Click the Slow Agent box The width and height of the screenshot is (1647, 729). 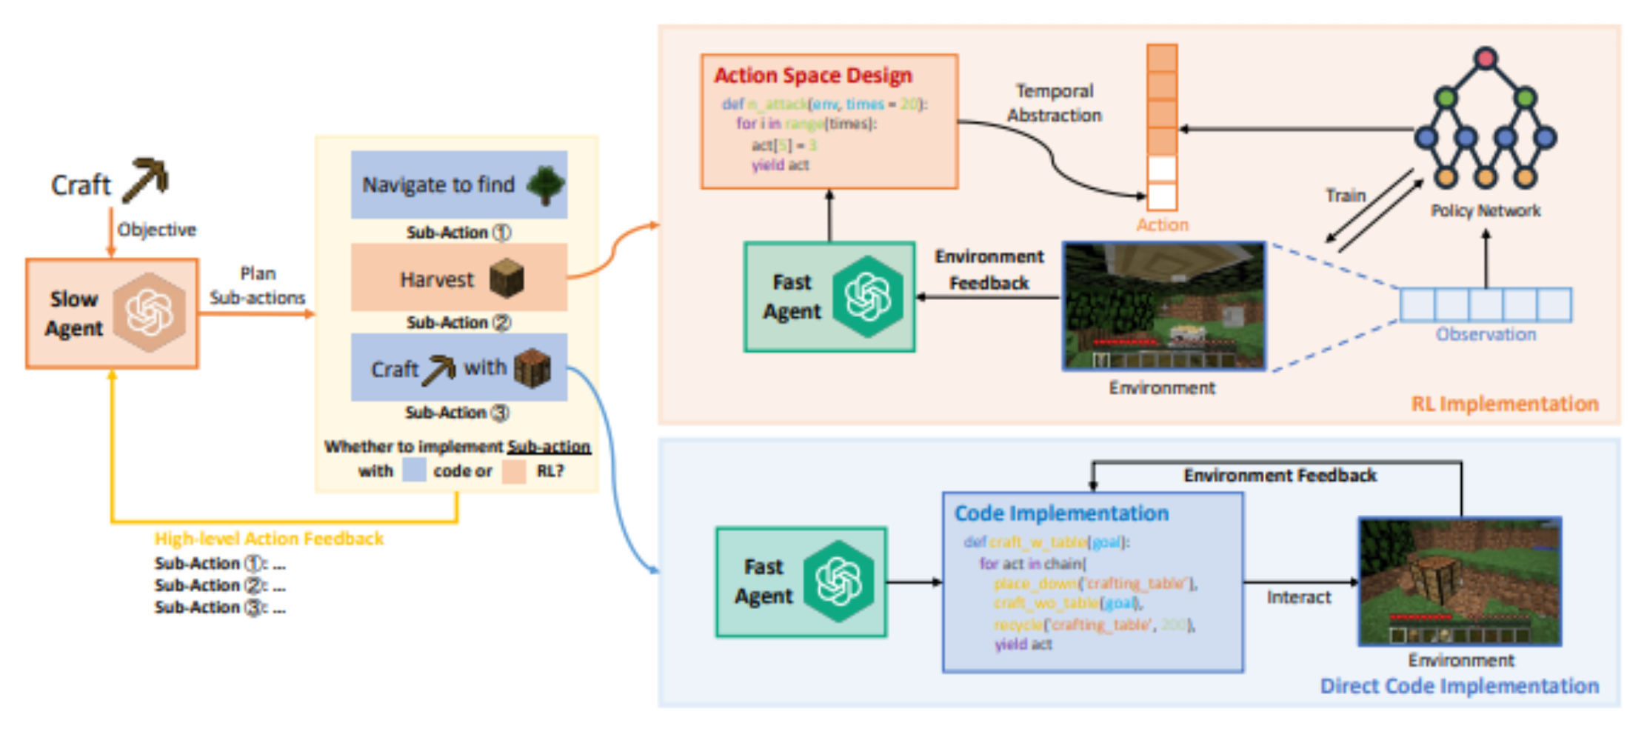(112, 313)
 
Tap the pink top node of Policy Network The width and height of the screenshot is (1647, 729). (1485, 58)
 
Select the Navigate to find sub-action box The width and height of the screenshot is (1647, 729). (459, 184)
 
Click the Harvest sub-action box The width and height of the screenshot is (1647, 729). (459, 278)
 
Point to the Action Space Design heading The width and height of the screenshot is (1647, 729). (812, 76)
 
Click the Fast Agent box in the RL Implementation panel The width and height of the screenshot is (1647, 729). (829, 297)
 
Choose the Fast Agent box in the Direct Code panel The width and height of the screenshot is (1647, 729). (801, 582)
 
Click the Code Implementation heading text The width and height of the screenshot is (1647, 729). (1061, 513)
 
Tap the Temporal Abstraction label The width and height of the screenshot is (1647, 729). (1054, 103)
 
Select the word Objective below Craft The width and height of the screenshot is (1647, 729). (157, 230)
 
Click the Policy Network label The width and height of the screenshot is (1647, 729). (1486, 211)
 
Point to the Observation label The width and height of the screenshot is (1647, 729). (1486, 335)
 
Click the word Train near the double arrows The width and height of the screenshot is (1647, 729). (1345, 196)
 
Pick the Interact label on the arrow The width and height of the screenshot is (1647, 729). (1298, 597)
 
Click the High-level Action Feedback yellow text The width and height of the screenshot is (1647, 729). (269, 539)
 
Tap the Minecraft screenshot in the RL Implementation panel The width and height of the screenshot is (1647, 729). (1163, 306)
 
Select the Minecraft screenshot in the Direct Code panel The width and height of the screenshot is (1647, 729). (1460, 582)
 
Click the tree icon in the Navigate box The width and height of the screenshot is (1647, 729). (546, 184)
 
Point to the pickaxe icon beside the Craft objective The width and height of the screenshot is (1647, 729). (146, 179)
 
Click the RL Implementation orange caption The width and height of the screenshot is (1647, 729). (1504, 404)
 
